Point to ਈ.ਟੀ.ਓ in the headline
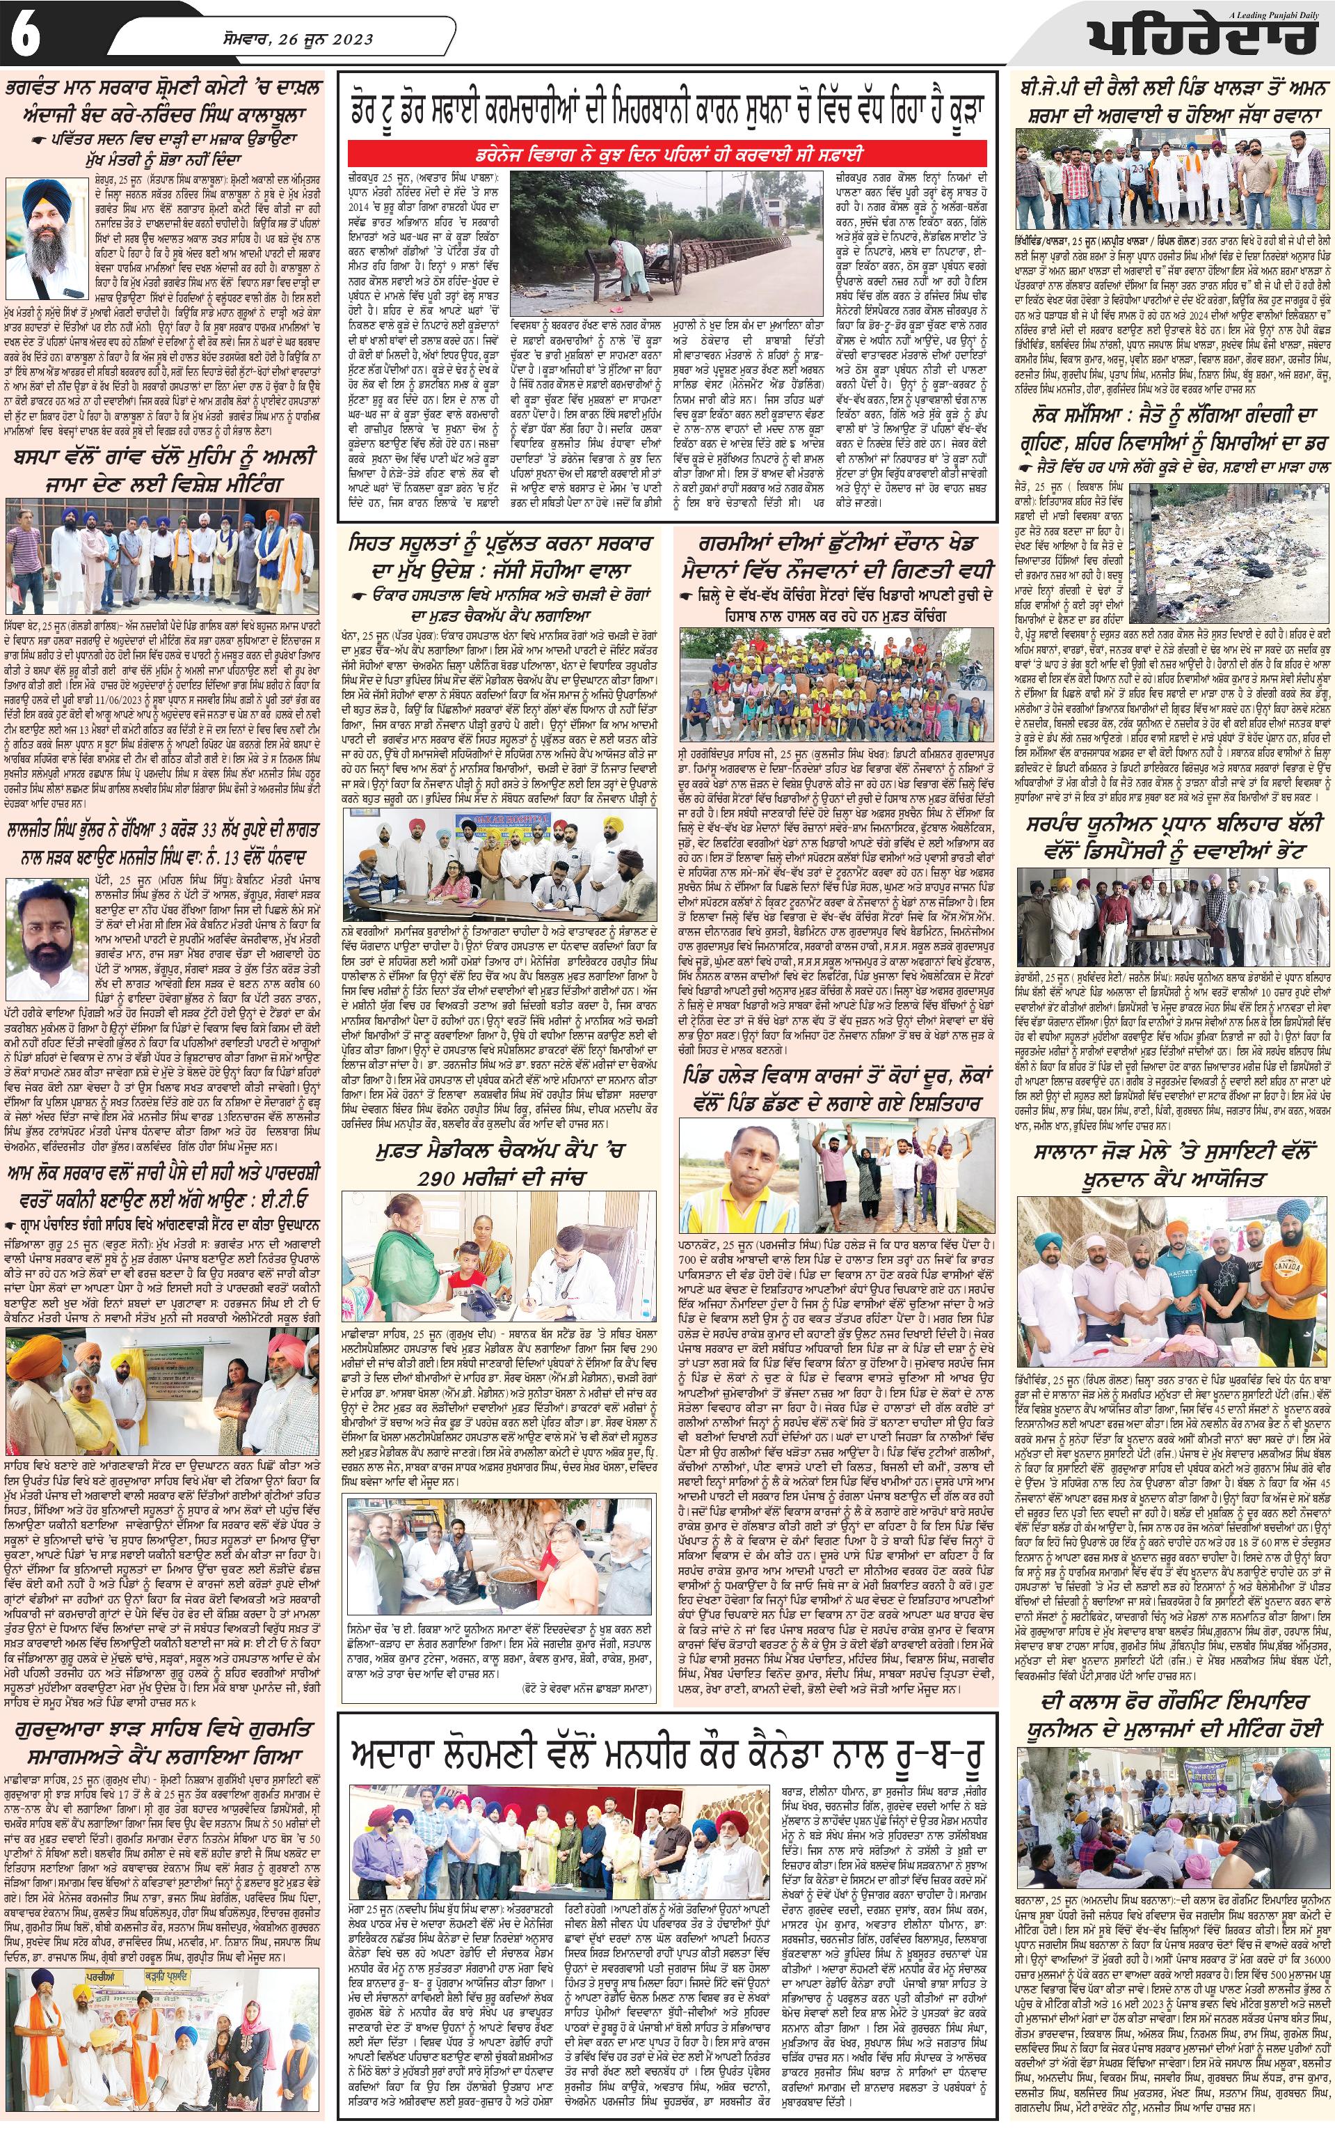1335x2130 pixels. (287, 1200)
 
